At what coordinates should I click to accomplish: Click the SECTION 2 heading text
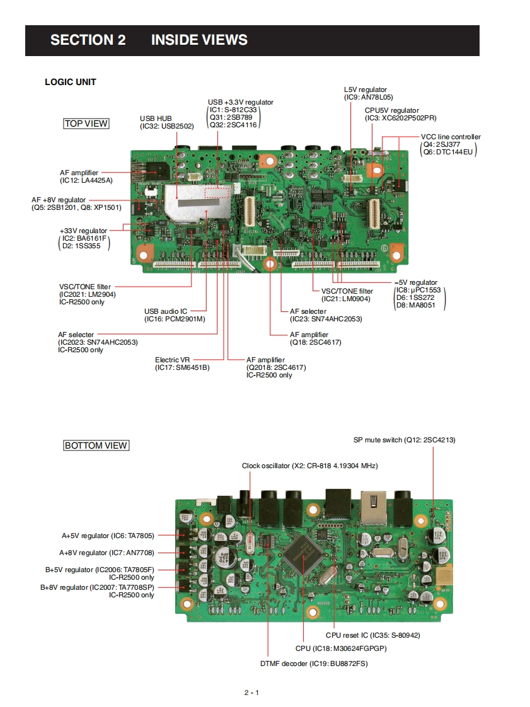pyautogui.click(x=88, y=40)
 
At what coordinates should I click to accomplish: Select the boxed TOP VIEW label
pyautogui.click(x=86, y=124)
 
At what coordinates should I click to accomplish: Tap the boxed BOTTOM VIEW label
pyautogui.click(x=96, y=445)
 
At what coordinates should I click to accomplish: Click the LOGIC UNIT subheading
pyautogui.click(x=71, y=82)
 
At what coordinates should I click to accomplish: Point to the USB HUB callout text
pyautogui.click(x=156, y=118)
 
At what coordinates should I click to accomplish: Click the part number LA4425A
pyautogui.click(x=96, y=180)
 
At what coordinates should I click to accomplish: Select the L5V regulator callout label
pyautogui.click(x=366, y=90)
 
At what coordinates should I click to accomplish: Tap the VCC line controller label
pyautogui.click(x=451, y=137)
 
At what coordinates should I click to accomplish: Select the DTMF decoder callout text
pyautogui.click(x=284, y=664)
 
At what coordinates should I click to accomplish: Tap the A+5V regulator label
pyautogui.click(x=85, y=536)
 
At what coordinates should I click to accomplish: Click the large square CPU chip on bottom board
pyautogui.click(x=304, y=553)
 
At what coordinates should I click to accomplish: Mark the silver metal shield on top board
pyautogui.click(x=195, y=204)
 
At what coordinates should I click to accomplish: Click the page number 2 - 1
pyautogui.click(x=252, y=693)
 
